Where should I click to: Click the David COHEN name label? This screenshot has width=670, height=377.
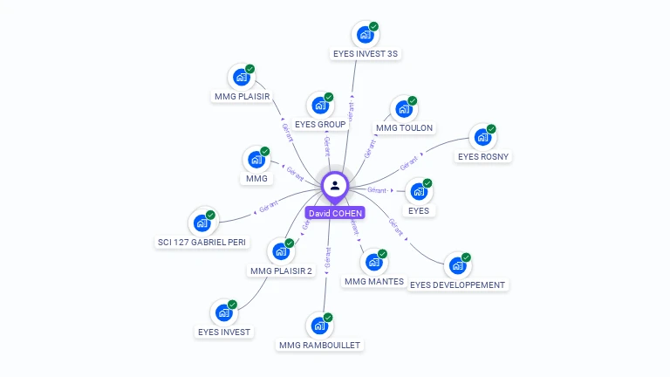pyautogui.click(x=335, y=213)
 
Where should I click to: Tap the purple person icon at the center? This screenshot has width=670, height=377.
pyautogui.click(x=335, y=186)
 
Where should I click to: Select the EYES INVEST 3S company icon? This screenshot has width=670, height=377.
pyautogui.click(x=365, y=35)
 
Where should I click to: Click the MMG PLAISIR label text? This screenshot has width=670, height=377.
pyautogui.click(x=242, y=96)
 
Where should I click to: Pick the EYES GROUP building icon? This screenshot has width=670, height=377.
pyautogui.click(x=320, y=106)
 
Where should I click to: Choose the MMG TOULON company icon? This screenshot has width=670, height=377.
pyautogui.click(x=403, y=110)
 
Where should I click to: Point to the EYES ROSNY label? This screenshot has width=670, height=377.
pyautogui.click(x=483, y=157)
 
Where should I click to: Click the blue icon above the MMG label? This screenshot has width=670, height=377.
pyautogui.click(x=256, y=160)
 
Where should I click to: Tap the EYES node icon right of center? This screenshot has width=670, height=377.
pyautogui.click(x=418, y=192)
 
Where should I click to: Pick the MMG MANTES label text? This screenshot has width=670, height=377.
pyautogui.click(x=374, y=281)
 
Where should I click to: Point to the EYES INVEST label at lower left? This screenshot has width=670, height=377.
pyautogui.click(x=224, y=332)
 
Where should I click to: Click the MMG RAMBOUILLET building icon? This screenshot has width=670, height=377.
pyautogui.click(x=319, y=326)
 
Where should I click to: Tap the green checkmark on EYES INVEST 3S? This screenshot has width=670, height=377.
pyautogui.click(x=373, y=26)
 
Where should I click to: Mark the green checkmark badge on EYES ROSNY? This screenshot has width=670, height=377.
pyautogui.click(x=491, y=128)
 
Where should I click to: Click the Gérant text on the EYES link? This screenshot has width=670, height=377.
pyautogui.click(x=377, y=189)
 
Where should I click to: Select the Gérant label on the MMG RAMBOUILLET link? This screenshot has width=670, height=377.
pyautogui.click(x=328, y=258)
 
